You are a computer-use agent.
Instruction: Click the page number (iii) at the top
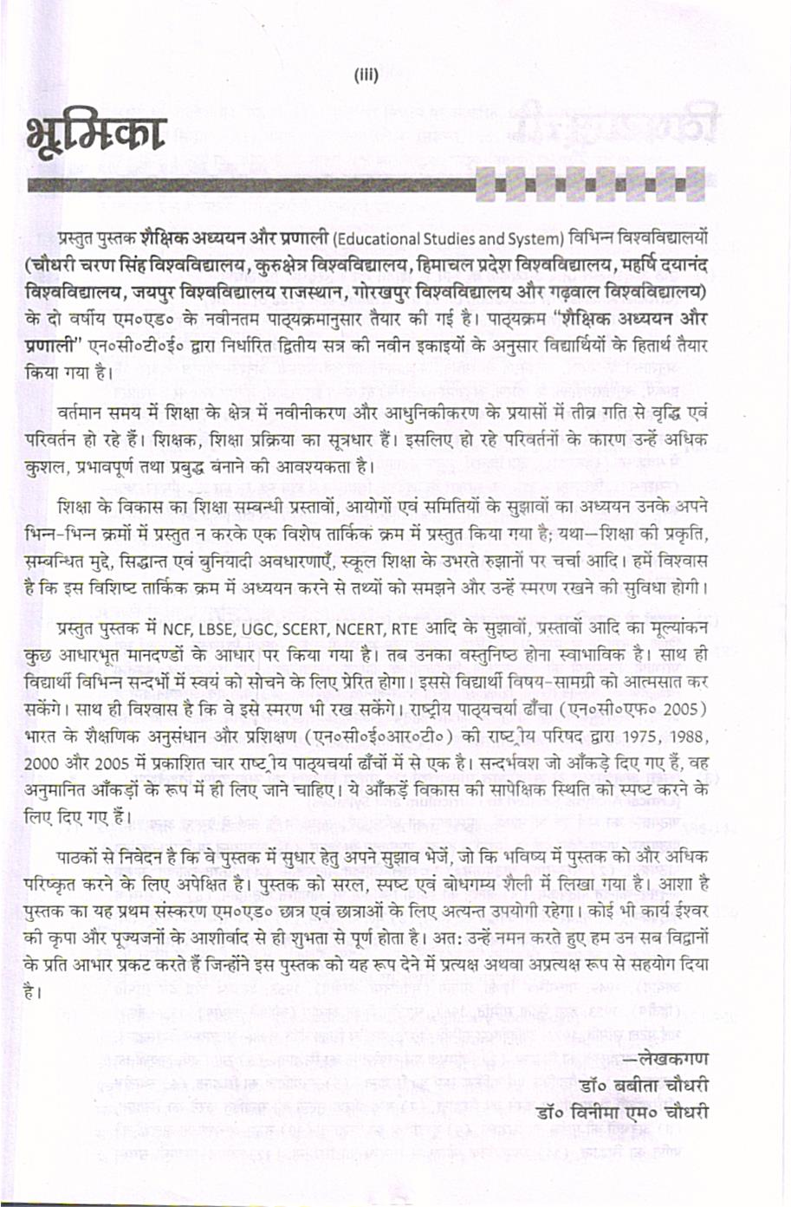(366, 75)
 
